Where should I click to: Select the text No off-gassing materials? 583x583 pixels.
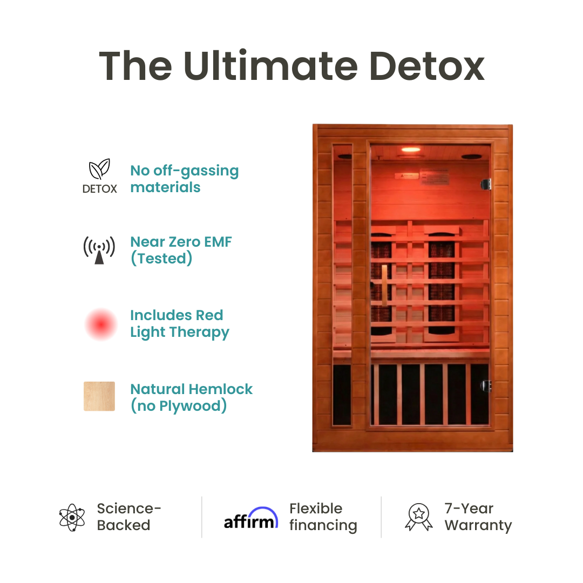click(x=184, y=179)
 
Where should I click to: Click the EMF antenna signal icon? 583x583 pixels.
click(x=99, y=250)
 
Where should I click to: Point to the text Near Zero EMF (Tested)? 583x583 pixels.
click(x=181, y=250)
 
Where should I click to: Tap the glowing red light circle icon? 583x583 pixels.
click(x=100, y=324)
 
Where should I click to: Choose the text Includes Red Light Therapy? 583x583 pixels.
click(x=180, y=323)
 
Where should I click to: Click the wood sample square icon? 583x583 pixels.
click(x=99, y=397)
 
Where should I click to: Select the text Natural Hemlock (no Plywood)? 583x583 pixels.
click(x=191, y=397)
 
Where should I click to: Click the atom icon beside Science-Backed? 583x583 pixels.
click(x=72, y=517)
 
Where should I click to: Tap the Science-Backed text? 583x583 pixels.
click(x=129, y=517)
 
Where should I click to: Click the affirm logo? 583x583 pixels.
click(x=251, y=518)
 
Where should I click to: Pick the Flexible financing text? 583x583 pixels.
click(x=323, y=517)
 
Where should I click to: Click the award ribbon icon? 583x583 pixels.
click(x=419, y=517)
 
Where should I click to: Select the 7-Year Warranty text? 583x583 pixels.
click(x=478, y=517)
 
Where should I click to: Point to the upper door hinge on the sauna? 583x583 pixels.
click(x=486, y=184)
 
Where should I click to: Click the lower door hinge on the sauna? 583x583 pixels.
click(x=486, y=385)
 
